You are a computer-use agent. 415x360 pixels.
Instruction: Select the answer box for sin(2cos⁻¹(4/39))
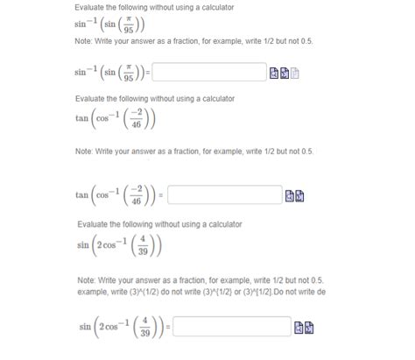tap(232, 328)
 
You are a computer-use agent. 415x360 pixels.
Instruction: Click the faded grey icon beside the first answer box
tap(295, 73)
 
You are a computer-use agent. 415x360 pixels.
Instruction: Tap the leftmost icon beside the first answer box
tap(274, 73)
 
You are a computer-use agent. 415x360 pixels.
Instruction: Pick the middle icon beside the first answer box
tap(285, 73)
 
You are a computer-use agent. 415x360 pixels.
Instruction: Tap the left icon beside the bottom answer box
tap(299, 328)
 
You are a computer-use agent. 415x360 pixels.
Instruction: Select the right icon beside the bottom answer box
tap(310, 328)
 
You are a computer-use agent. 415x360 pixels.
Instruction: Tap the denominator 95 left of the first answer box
tap(130, 77)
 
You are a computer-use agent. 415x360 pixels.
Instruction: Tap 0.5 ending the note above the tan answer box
tap(306, 152)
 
